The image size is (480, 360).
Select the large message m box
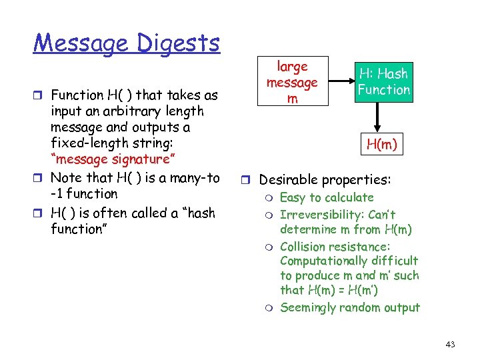click(292, 82)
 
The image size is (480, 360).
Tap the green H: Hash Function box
click(383, 82)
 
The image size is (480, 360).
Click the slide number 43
click(450, 344)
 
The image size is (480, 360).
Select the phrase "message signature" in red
click(110, 159)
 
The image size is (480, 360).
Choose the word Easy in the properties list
click(292, 197)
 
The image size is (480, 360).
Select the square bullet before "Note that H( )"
click(41, 178)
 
